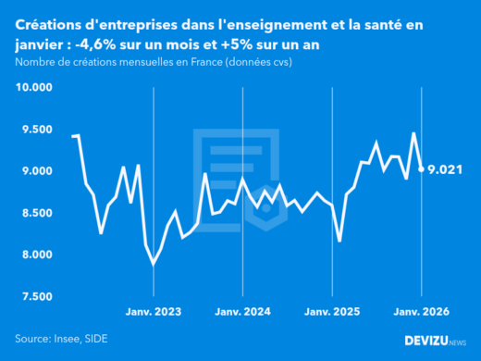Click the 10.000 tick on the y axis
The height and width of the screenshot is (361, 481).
(x=34, y=88)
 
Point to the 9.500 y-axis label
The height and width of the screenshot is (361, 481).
(x=36, y=130)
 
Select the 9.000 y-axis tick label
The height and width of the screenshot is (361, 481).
(x=36, y=171)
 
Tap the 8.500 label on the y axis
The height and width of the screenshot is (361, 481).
(x=36, y=213)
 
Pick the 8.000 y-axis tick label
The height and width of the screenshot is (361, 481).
(x=36, y=255)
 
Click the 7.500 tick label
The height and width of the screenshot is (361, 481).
(x=36, y=296)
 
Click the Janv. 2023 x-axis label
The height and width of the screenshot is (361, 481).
(x=153, y=312)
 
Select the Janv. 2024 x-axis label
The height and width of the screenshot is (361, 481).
(x=242, y=312)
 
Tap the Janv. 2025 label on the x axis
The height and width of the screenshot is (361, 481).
(x=332, y=312)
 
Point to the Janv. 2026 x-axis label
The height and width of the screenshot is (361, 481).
(x=422, y=312)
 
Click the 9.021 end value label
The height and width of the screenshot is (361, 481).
(x=449, y=169)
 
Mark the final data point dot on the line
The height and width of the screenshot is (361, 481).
(x=422, y=169)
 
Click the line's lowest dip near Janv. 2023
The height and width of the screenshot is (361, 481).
(x=153, y=264)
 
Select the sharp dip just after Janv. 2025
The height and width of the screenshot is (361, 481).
(x=339, y=241)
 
